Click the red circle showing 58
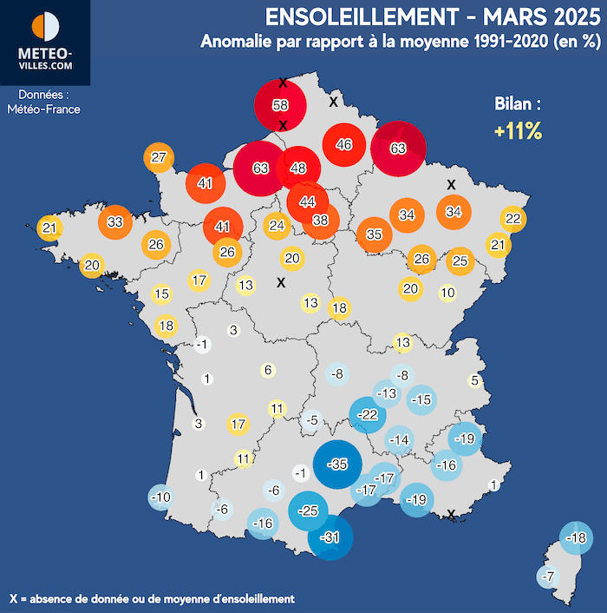click(280, 106)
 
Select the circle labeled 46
click(343, 145)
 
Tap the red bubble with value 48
click(299, 168)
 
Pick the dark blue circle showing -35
click(337, 464)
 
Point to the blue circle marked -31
click(330, 538)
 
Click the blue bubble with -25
click(308, 511)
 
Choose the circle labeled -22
click(369, 416)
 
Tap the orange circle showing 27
click(158, 158)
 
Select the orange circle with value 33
click(115, 222)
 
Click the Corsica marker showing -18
click(575, 538)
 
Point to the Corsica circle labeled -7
click(547, 577)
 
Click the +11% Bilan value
click(518, 132)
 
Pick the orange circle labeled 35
click(374, 234)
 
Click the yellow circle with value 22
click(512, 218)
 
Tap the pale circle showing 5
click(474, 380)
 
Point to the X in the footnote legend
click(13, 598)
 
